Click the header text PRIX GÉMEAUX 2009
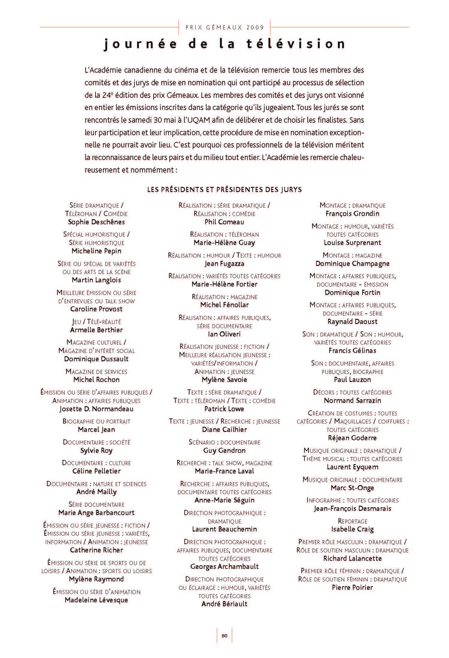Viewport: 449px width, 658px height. pyautogui.click(x=225, y=28)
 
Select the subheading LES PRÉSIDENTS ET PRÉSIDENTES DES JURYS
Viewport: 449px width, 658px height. pyautogui.click(x=224, y=190)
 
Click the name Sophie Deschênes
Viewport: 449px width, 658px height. pyautogui.click(x=96, y=222)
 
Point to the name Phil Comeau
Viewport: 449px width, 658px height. pyautogui.click(x=224, y=222)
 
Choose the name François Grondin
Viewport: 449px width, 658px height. pyautogui.click(x=352, y=214)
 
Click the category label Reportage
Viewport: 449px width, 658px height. pyautogui.click(x=352, y=521)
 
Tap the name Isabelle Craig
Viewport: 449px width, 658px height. pyautogui.click(x=352, y=529)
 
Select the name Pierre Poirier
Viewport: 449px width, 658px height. pyautogui.click(x=352, y=587)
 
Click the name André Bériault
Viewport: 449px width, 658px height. pyautogui.click(x=224, y=604)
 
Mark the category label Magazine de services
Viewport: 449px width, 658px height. pyautogui.click(x=96, y=371)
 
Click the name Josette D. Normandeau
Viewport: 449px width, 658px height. pyautogui.click(x=96, y=409)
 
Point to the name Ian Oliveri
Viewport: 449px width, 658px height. pyautogui.click(x=224, y=334)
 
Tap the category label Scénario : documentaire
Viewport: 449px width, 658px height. pyautogui.click(x=224, y=442)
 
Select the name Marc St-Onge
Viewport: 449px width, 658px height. pyautogui.click(x=352, y=488)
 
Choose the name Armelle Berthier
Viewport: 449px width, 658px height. pyautogui.click(x=96, y=330)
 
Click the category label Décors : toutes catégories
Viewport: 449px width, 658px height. pyautogui.click(x=352, y=392)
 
